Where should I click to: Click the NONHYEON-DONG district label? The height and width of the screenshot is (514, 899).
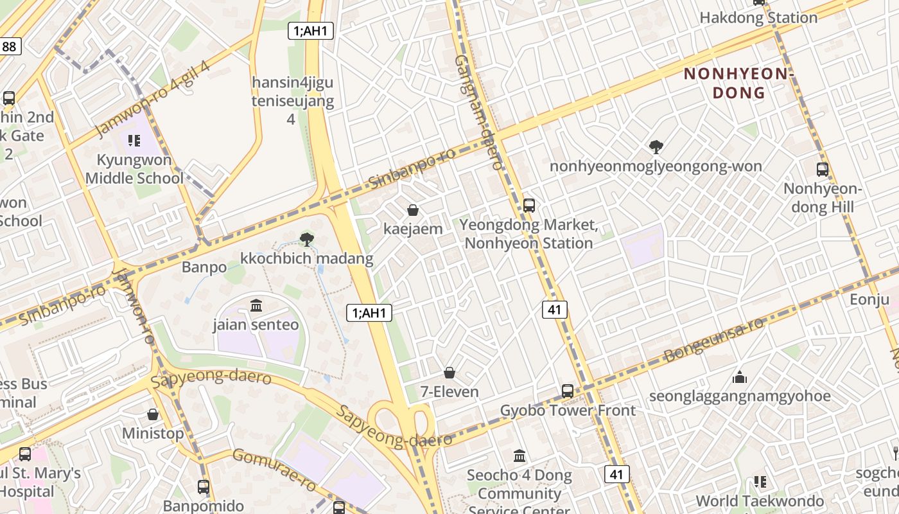point(738,83)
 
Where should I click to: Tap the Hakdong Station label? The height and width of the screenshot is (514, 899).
point(758,17)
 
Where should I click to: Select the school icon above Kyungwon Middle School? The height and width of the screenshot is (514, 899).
point(134,140)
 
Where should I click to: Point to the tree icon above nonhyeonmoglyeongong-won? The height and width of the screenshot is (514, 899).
point(656,147)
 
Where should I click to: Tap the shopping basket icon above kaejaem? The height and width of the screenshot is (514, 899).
point(413,210)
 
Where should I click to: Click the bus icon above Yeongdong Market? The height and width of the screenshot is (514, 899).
point(529,206)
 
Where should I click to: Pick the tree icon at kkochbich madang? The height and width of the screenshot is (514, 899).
point(307,240)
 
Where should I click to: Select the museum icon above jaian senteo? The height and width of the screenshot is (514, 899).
point(256,305)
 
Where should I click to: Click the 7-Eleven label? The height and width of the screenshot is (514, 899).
point(449,391)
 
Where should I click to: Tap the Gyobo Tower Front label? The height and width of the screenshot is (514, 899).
point(568,410)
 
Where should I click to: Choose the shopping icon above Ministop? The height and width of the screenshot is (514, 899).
point(153,414)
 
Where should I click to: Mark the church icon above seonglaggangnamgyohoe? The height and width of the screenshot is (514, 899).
point(740,377)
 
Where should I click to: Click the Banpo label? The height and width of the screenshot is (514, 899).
point(204,267)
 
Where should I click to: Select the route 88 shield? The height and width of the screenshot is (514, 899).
point(10,46)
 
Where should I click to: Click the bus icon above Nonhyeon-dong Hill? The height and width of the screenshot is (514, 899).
point(823,170)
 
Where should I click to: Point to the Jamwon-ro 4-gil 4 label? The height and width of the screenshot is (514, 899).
point(152,100)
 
